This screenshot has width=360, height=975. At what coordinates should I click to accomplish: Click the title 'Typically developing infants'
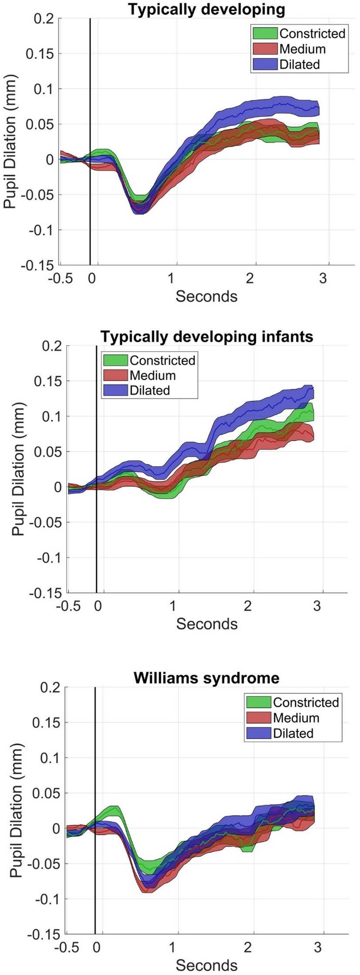tap(207, 336)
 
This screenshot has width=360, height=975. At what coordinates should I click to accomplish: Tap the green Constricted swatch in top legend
tap(265, 33)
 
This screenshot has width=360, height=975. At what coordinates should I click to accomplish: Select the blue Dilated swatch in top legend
tap(265, 64)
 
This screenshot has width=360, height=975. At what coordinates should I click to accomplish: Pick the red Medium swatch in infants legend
tap(115, 375)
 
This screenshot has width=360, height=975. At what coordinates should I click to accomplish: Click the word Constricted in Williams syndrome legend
tap(306, 702)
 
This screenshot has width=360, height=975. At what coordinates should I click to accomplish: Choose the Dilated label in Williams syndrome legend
tap(293, 733)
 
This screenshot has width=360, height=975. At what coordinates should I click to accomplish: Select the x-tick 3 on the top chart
tap(323, 279)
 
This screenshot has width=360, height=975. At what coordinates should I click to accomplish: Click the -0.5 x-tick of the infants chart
tap(68, 606)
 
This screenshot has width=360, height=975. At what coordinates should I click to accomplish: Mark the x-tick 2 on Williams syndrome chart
tap(248, 947)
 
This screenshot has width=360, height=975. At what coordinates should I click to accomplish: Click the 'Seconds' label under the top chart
tap(207, 296)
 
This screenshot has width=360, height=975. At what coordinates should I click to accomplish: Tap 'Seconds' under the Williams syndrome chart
tap(207, 965)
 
